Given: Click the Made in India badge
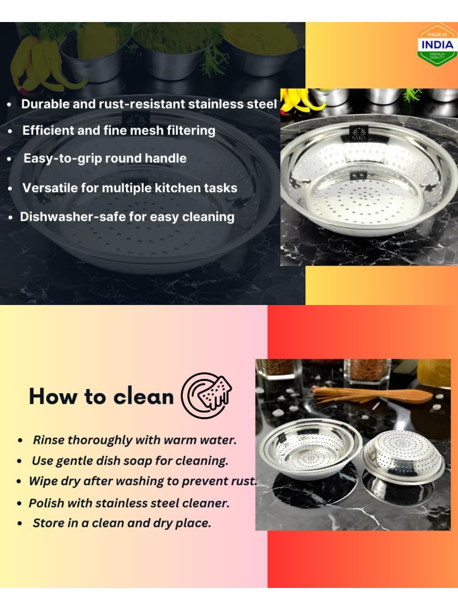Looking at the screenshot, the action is point(437,44).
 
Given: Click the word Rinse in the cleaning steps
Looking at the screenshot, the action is point(49,440).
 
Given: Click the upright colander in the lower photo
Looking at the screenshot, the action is point(311,450).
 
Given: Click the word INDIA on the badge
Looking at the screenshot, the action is point(437,44).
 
